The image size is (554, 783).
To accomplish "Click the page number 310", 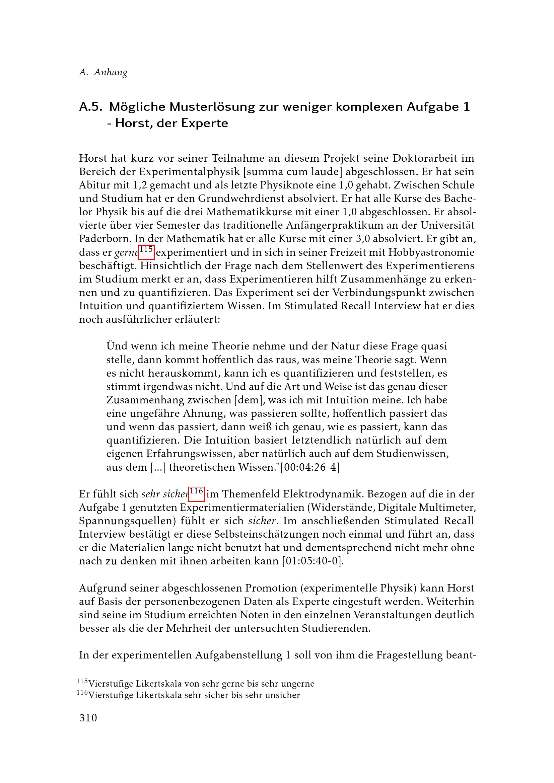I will pyautogui.click(x=88, y=718).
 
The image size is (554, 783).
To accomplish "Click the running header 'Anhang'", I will pyautogui.click(x=111, y=72).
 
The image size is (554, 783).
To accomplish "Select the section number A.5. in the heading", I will pyautogui.click(x=91, y=107).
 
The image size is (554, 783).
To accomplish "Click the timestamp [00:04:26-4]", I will pyautogui.click(x=310, y=467).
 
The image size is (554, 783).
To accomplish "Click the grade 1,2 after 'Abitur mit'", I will pyautogui.click(x=139, y=185).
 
